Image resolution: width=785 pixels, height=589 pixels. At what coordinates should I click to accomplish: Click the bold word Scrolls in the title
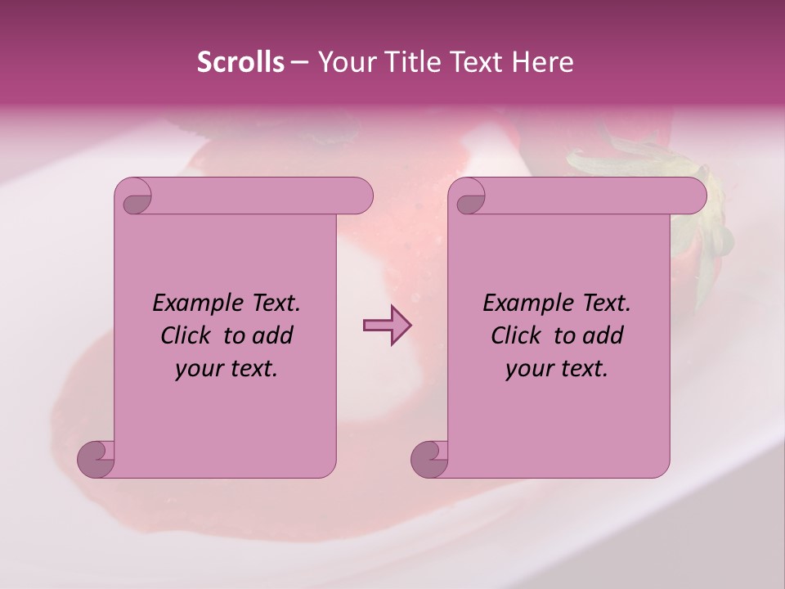click(240, 62)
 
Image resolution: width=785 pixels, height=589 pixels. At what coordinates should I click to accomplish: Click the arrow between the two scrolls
click(387, 326)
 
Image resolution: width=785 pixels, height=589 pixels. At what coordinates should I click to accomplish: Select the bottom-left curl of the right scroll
click(430, 459)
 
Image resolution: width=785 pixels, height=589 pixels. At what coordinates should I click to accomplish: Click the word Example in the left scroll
click(192, 303)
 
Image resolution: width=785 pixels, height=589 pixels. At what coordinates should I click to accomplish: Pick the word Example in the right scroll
click(523, 303)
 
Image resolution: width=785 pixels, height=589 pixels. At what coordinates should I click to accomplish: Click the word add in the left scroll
click(272, 335)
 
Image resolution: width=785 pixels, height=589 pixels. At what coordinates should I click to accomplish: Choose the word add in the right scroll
click(603, 335)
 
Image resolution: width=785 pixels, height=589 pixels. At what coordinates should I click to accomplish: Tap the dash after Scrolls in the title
click(299, 62)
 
